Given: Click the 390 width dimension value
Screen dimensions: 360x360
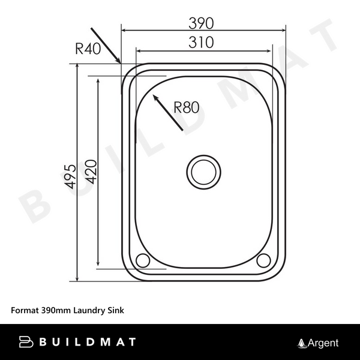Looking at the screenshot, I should pos(202,23).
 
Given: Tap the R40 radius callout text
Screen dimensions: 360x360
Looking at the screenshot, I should pos(88,50).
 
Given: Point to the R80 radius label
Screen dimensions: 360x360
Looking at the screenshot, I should pos(186,108).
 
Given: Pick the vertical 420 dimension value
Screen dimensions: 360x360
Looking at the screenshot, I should pos(91,172).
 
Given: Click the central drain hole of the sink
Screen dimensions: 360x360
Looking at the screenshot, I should pos(202,172).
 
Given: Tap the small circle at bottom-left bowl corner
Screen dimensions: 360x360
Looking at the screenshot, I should pos(143,260).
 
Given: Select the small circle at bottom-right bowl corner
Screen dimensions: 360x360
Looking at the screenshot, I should pos(263,260).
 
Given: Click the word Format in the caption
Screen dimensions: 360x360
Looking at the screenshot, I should pos(25,311).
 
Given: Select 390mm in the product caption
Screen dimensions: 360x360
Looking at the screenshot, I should pos(55,311).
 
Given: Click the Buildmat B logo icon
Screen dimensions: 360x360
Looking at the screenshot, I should pos(27,343).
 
